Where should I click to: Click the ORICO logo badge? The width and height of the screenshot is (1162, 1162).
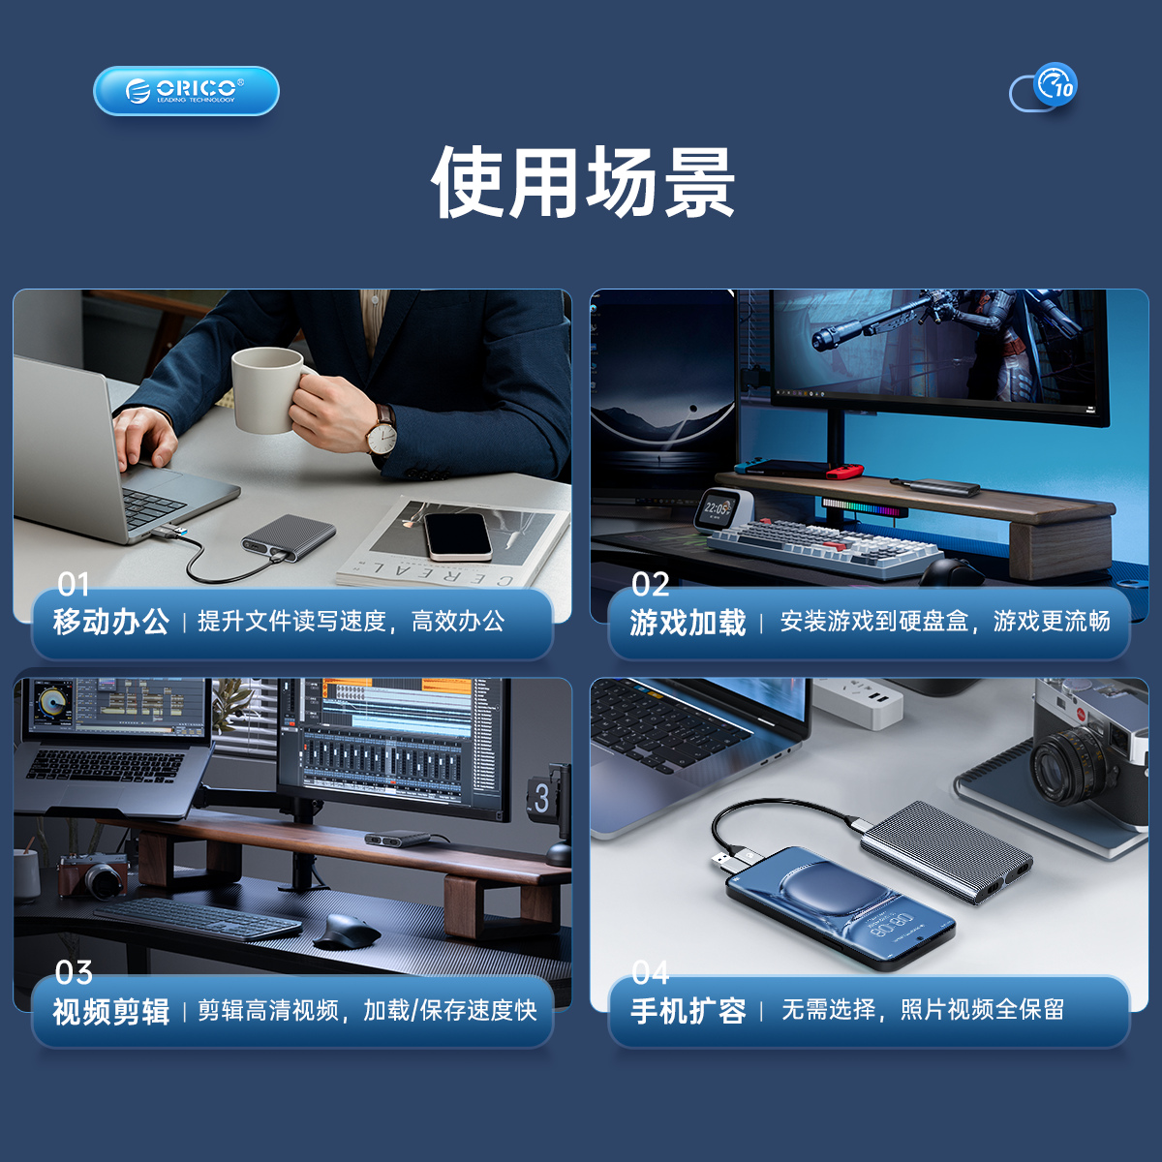(186, 91)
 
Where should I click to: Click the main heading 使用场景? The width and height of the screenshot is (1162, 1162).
(583, 182)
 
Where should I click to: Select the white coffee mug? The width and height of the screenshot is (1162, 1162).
(270, 389)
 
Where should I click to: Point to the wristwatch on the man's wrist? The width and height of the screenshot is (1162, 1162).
(382, 431)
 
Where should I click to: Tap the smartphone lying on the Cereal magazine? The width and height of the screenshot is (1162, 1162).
(457, 536)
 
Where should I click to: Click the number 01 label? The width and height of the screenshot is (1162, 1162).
(73, 584)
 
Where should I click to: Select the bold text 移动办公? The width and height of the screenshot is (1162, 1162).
(111, 622)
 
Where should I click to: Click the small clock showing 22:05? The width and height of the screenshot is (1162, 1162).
(719, 509)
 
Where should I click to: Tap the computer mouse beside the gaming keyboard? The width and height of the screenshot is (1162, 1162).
(951, 571)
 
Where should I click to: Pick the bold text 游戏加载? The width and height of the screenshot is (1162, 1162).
(688, 623)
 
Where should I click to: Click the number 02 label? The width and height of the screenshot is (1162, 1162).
(650, 584)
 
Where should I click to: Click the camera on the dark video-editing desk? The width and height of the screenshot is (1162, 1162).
(94, 875)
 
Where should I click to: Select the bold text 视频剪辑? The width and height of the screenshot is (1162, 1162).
(111, 1011)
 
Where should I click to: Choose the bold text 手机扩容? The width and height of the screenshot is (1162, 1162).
(688, 1011)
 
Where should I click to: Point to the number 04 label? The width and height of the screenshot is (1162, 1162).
(650, 972)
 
